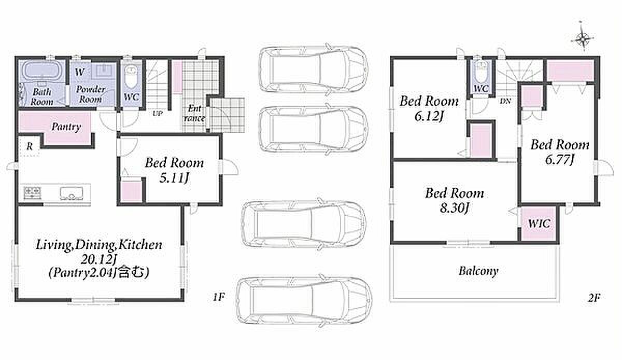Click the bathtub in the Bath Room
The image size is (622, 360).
pos(41,71)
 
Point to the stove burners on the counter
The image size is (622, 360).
pos(33,193)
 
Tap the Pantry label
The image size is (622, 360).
pos(66,127)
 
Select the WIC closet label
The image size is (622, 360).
pos(539,224)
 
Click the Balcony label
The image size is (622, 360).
pos(478,271)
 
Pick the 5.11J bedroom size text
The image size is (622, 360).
pos(174,177)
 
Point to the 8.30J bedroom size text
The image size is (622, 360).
pos(454,207)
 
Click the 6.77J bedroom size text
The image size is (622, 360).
pos(559,160)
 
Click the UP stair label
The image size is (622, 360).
pos(158,114)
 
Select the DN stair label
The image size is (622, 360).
pos(505,102)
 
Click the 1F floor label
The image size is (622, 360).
pos(219,297)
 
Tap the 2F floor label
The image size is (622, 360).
pos(594,298)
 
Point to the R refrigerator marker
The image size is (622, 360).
pos(29,146)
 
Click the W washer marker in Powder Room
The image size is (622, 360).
pos(79,72)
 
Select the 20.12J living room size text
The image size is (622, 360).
pos(98,259)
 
